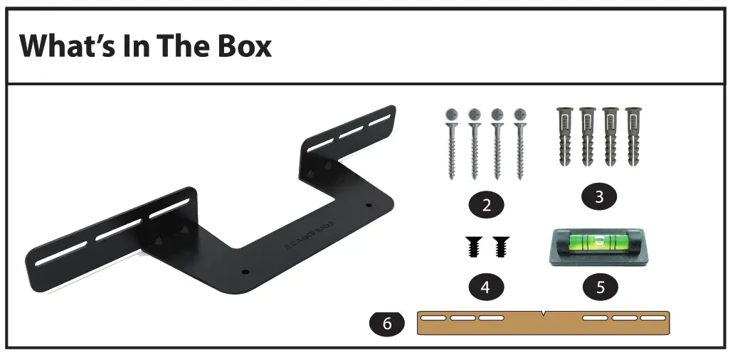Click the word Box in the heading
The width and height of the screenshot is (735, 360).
click(240, 46)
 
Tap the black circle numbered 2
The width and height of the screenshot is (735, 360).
click(487, 206)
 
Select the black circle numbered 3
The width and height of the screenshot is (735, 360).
click(599, 197)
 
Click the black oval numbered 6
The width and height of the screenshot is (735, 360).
click(387, 323)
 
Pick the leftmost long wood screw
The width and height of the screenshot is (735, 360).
click(452, 145)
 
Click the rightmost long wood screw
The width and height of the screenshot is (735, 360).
click(520, 145)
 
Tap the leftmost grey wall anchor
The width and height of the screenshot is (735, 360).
click(564, 136)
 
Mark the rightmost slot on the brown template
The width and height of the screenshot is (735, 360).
click(652, 318)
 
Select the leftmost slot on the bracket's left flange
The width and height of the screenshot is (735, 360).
click(56, 255)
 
